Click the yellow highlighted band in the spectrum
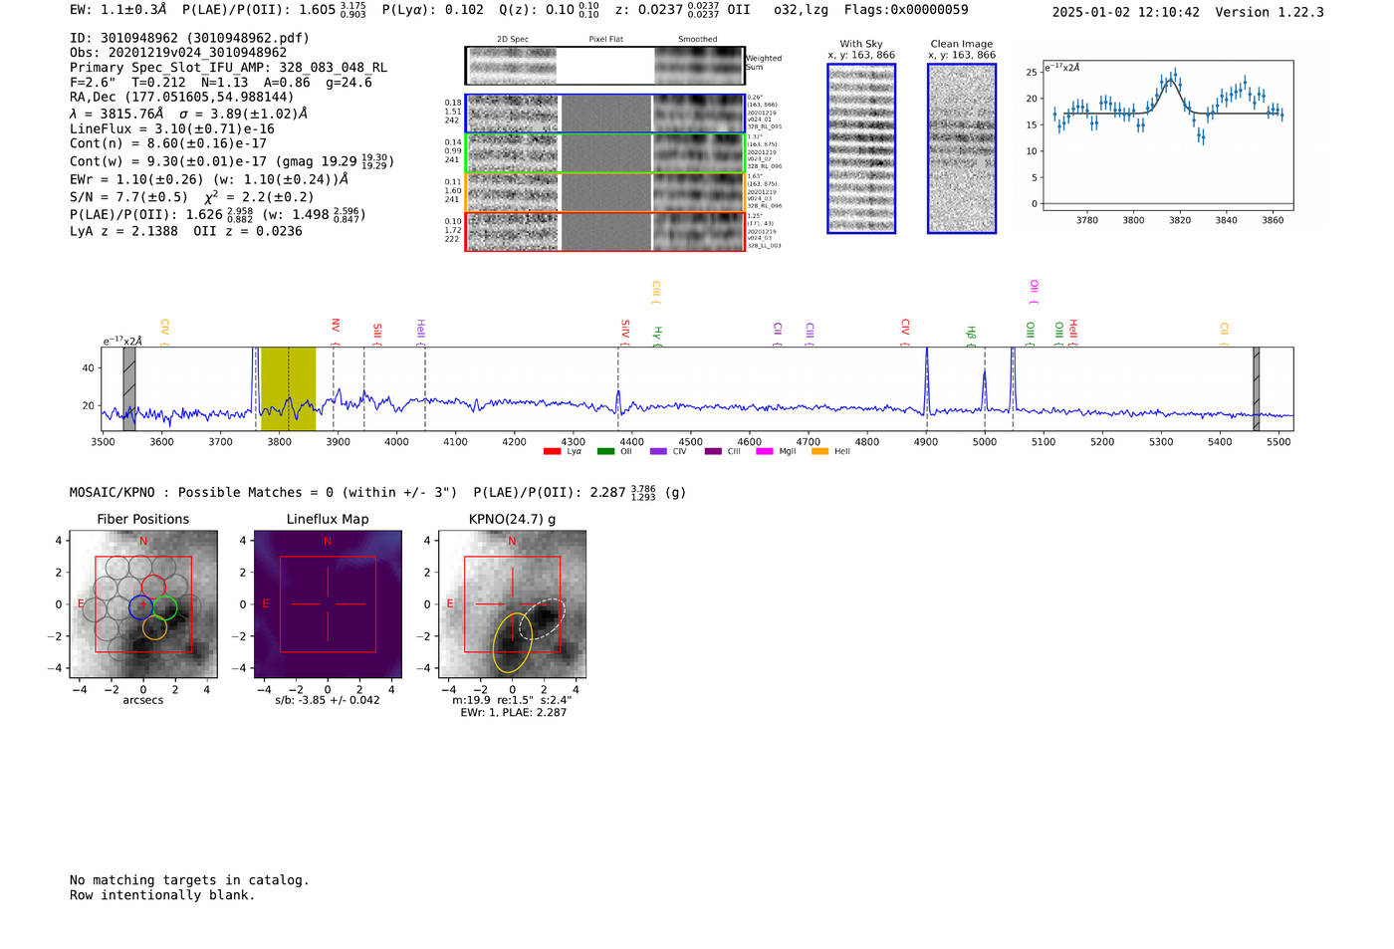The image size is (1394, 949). click(288, 388)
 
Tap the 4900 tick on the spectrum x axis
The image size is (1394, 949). click(926, 442)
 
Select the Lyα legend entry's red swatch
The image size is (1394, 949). click(552, 452)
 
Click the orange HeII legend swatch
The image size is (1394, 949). click(819, 452)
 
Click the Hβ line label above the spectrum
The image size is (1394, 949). click(971, 333)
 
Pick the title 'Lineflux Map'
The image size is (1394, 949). click(328, 519)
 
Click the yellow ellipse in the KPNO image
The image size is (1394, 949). click(512, 642)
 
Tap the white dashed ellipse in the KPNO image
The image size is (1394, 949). click(542, 618)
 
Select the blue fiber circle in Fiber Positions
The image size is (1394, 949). click(141, 606)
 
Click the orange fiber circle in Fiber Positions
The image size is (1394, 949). click(154, 627)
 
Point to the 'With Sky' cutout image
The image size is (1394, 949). click(861, 148)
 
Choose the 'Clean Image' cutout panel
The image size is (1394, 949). click(962, 148)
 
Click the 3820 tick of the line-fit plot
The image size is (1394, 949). click(1180, 220)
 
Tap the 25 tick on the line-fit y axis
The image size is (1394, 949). click(1032, 73)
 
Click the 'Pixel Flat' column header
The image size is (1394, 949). click(605, 40)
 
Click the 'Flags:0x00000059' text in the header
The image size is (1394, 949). click(906, 10)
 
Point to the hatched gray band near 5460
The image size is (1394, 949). click(1256, 388)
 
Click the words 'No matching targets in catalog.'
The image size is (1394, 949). click(189, 880)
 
